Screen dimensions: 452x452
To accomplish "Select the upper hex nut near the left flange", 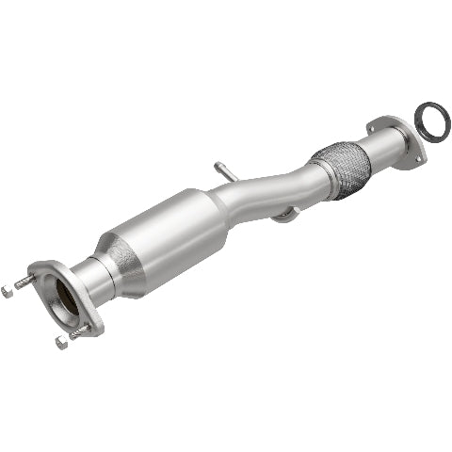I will [8, 290].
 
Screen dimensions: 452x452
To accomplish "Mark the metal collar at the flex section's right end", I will [365, 151].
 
